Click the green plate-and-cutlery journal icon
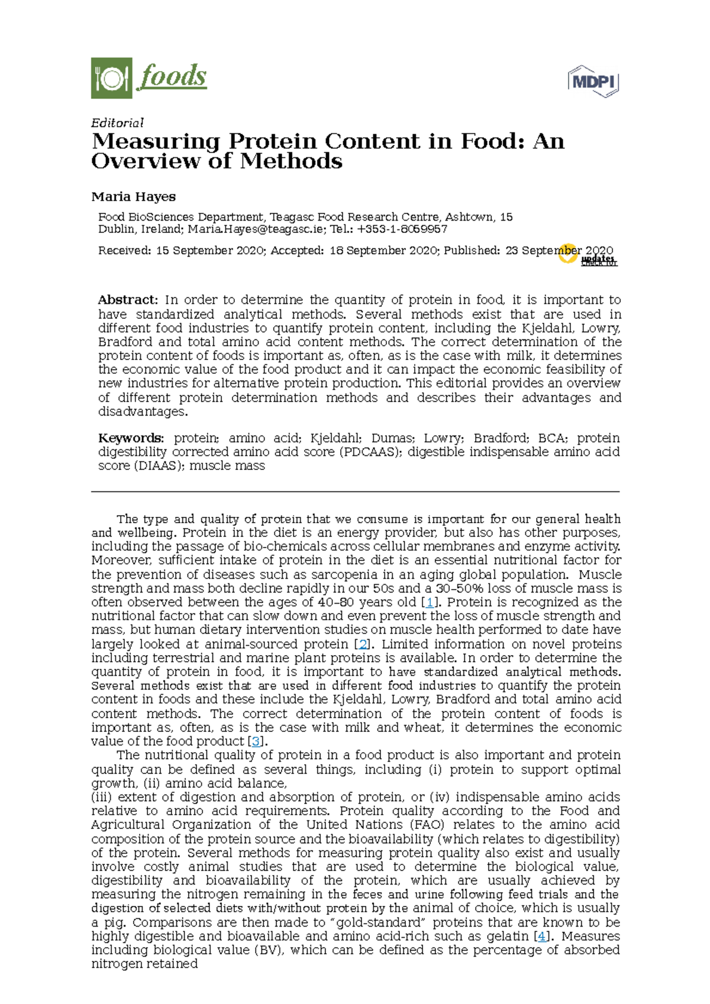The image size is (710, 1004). point(111,78)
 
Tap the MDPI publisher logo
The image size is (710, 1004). point(593,82)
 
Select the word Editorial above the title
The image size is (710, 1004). point(117,123)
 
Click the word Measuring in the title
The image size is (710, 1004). point(156,142)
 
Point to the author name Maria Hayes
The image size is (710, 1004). point(133,197)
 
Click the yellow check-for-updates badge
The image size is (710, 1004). point(569,254)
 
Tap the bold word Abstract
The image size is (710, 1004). point(127,300)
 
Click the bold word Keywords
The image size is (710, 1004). point(130,439)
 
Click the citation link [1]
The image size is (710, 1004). point(430,603)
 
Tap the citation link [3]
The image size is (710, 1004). point(256,741)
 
